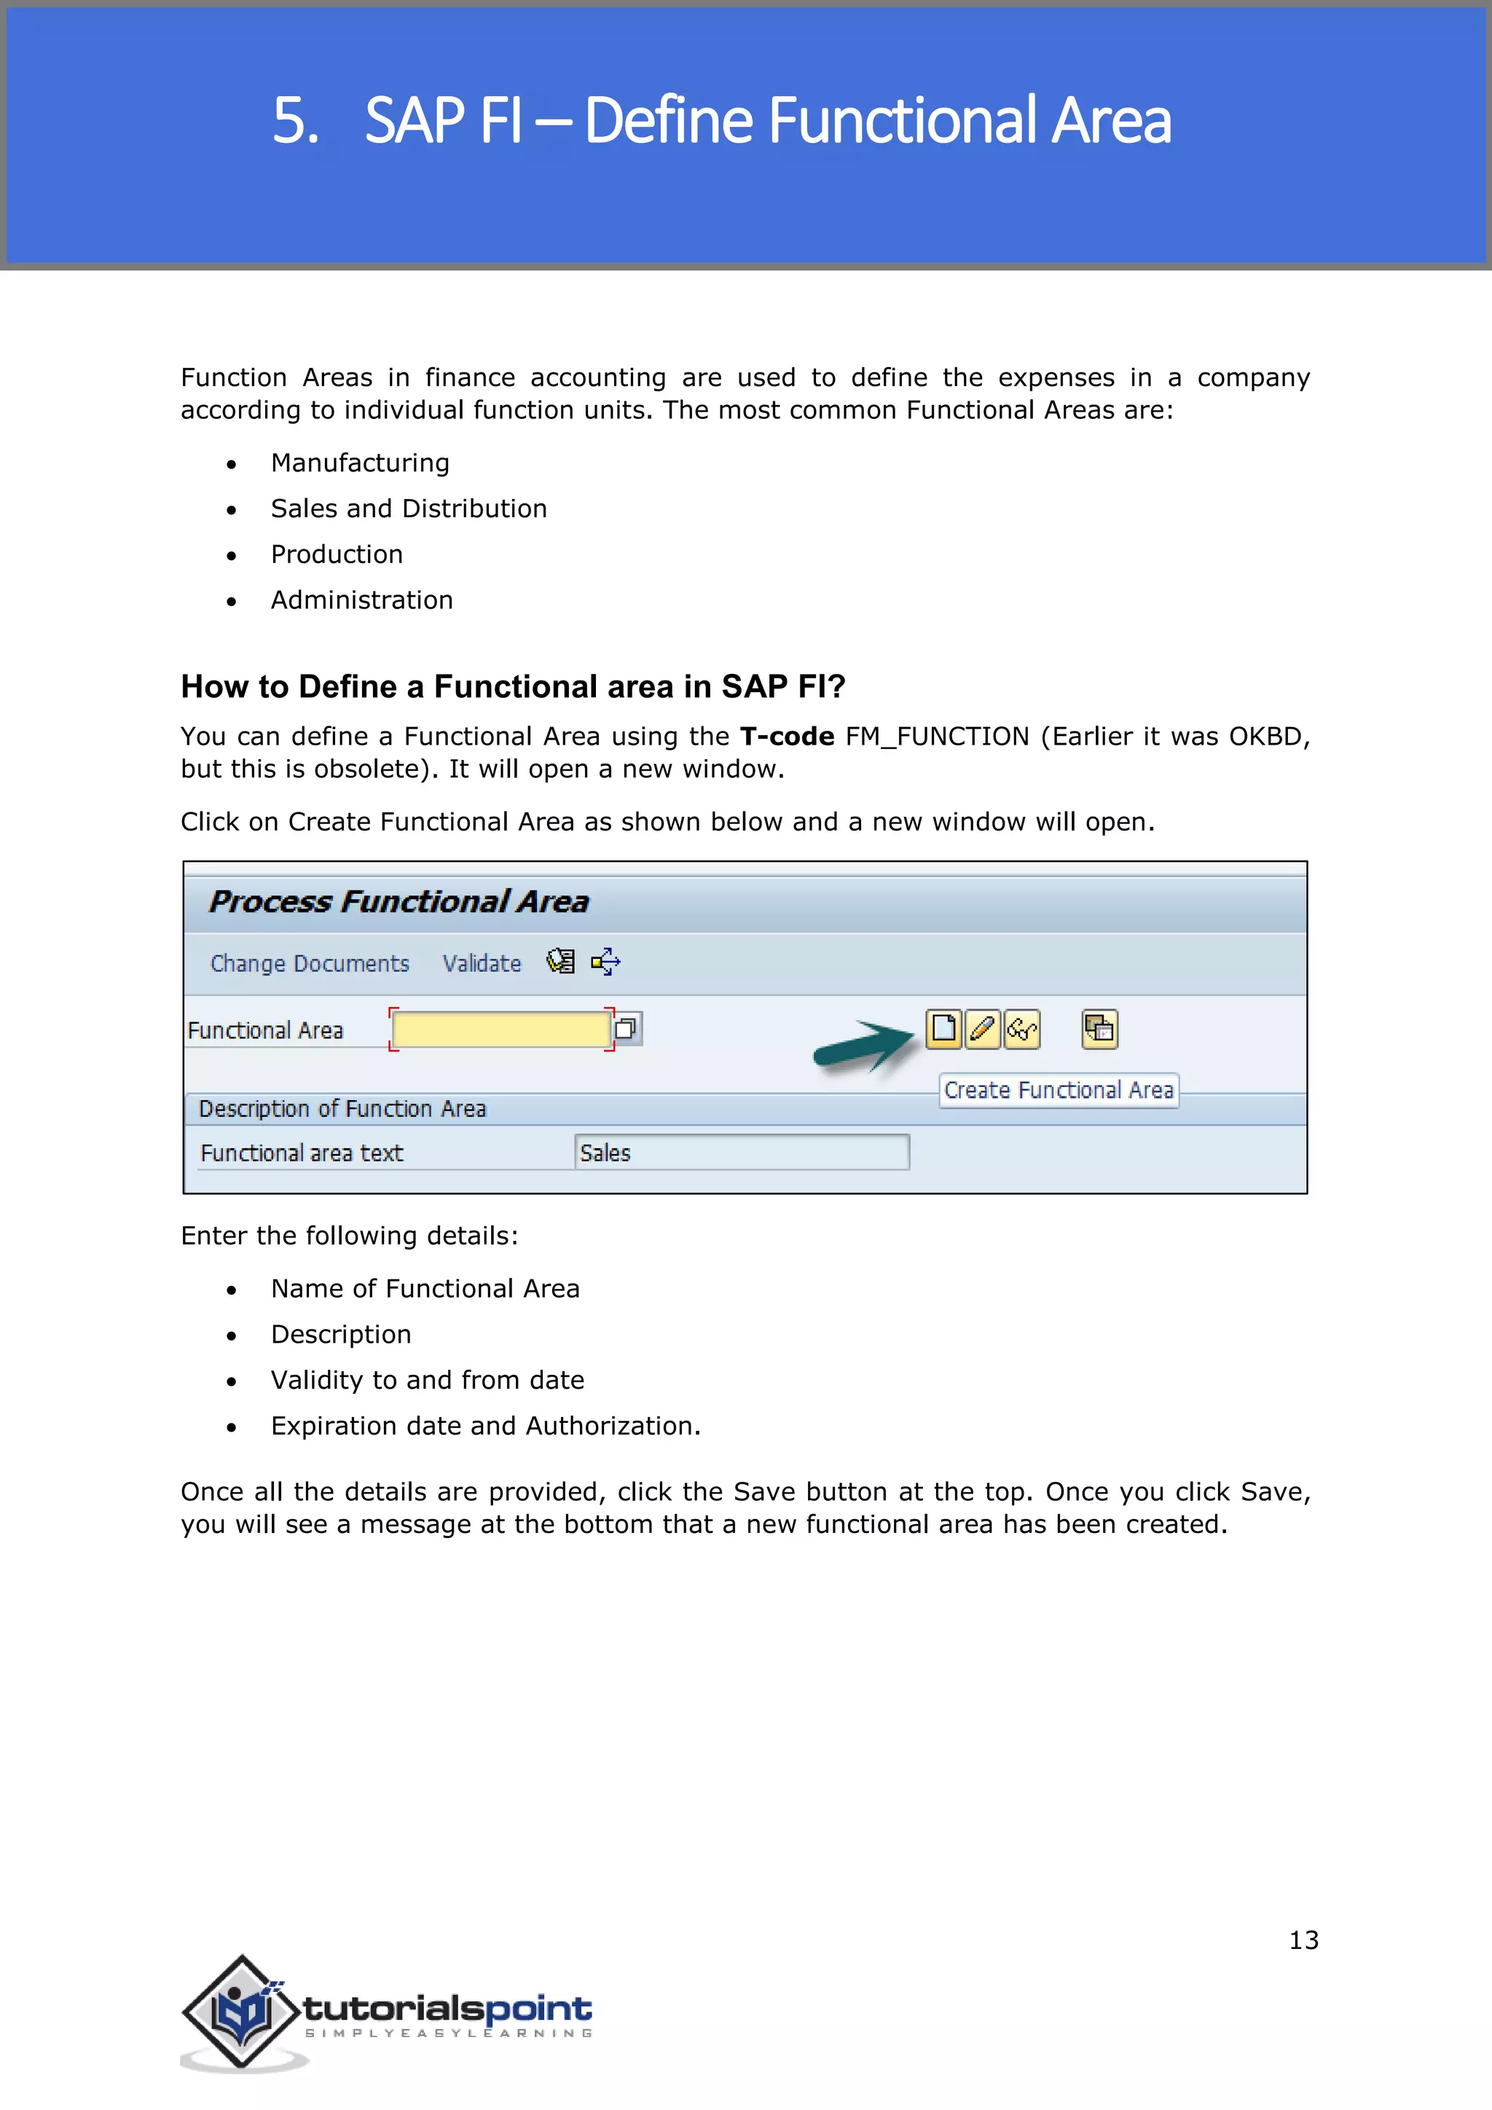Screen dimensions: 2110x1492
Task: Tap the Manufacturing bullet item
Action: pyautogui.click(x=359, y=463)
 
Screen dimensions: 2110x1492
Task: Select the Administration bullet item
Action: pyautogui.click(x=361, y=600)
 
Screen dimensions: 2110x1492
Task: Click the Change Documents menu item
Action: pyautogui.click(x=310, y=963)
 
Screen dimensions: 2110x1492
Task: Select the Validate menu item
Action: pyautogui.click(x=482, y=963)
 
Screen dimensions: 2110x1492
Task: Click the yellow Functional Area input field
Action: pyautogui.click(x=500, y=1029)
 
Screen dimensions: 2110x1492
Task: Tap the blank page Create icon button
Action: pyautogui.click(x=943, y=1028)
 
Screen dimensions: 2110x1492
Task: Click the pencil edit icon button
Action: pyautogui.click(x=982, y=1028)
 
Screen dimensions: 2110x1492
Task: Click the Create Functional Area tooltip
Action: pyautogui.click(x=1059, y=1090)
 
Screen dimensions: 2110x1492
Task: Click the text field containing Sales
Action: pyautogui.click(x=742, y=1153)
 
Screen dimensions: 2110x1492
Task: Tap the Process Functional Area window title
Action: pyautogui.click(x=398, y=901)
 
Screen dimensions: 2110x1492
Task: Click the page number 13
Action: pyautogui.click(x=1303, y=1940)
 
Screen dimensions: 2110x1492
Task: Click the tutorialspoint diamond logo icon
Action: pyautogui.click(x=242, y=2012)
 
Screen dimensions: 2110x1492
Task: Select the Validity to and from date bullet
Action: pyautogui.click(x=427, y=1381)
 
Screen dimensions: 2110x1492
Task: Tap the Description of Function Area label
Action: pyautogui.click(x=342, y=1109)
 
